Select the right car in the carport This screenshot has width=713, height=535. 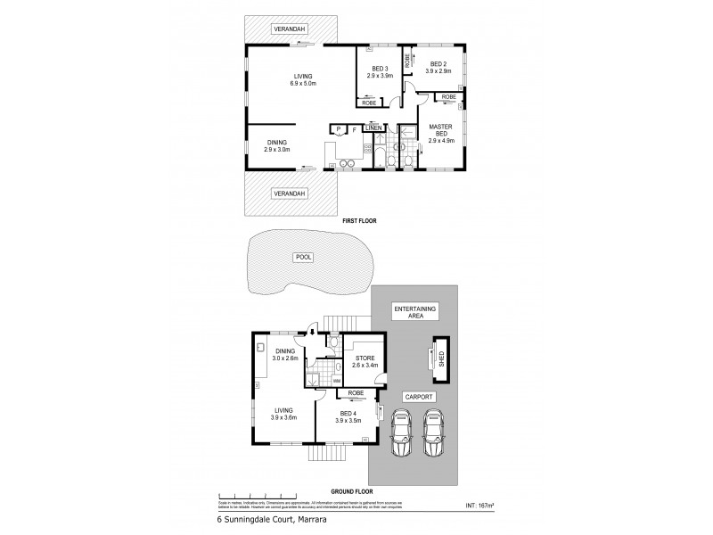(434, 431)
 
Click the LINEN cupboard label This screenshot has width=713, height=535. (373, 128)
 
